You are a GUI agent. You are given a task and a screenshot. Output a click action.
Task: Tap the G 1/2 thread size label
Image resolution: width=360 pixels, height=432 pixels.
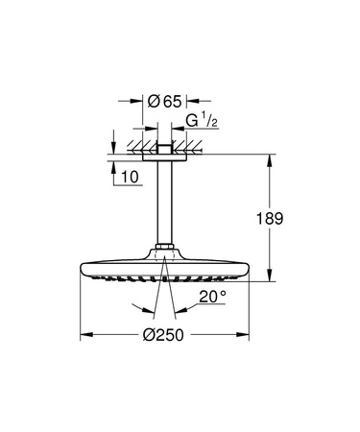tap(201, 122)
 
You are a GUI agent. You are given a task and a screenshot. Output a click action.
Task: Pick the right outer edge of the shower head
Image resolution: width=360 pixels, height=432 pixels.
tap(257, 271)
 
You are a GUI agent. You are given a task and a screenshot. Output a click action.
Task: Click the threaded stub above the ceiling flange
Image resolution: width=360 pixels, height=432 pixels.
tap(169, 143)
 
